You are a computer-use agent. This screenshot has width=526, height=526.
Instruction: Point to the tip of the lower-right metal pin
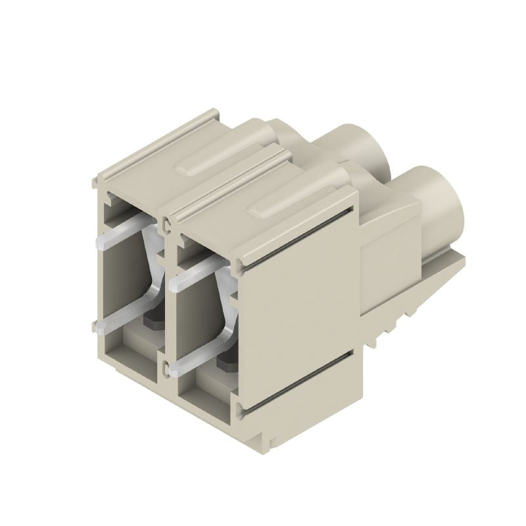coord(174,370)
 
